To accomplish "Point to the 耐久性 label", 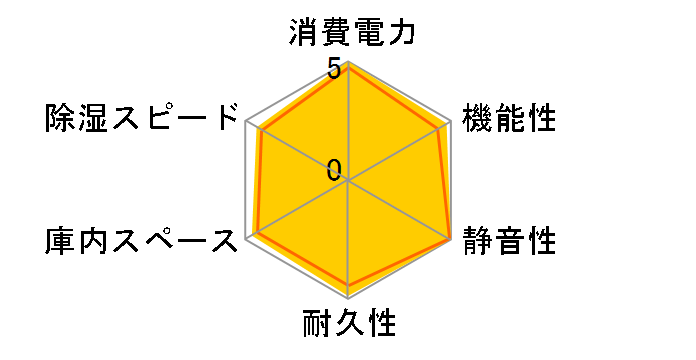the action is point(349,324).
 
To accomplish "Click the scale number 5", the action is point(333,71).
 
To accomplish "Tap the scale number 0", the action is point(334,170).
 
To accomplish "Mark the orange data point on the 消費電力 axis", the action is point(349,67).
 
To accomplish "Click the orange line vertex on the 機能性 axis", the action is point(441,127).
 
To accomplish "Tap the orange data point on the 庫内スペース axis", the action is point(257,234).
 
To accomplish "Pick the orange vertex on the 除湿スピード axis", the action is point(260,129).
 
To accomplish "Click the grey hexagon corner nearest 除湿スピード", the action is point(247,121).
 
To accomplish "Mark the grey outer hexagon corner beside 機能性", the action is point(451,121).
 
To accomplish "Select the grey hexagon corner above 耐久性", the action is point(349,299).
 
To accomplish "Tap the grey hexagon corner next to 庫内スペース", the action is point(247,240).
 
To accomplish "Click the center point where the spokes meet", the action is point(349,181).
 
